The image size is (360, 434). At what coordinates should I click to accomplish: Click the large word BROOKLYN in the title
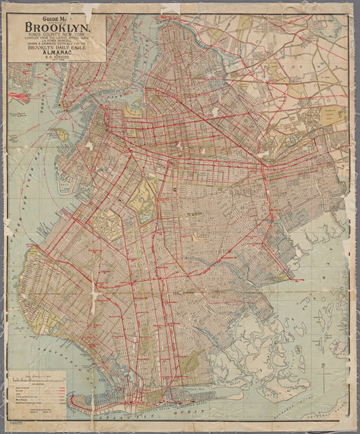click(57, 28)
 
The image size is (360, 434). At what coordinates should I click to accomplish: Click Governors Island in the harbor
click(61, 135)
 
